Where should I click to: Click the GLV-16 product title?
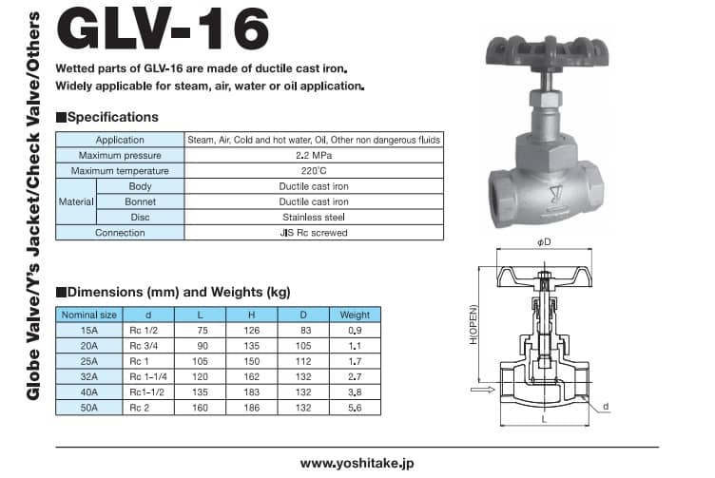pyautogui.click(x=163, y=29)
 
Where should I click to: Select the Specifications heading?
pyautogui.click(x=107, y=117)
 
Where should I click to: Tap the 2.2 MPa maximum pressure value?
pyautogui.click(x=314, y=156)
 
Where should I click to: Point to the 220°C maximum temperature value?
pyautogui.click(x=314, y=171)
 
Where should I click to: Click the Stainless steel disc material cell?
pyautogui.click(x=314, y=218)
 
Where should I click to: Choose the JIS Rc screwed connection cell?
pyautogui.click(x=314, y=233)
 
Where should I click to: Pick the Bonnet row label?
pyautogui.click(x=140, y=201)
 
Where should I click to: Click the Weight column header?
pyautogui.click(x=355, y=315)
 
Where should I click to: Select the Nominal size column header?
pyautogui.click(x=89, y=315)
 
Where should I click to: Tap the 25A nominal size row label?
pyautogui.click(x=89, y=361)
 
